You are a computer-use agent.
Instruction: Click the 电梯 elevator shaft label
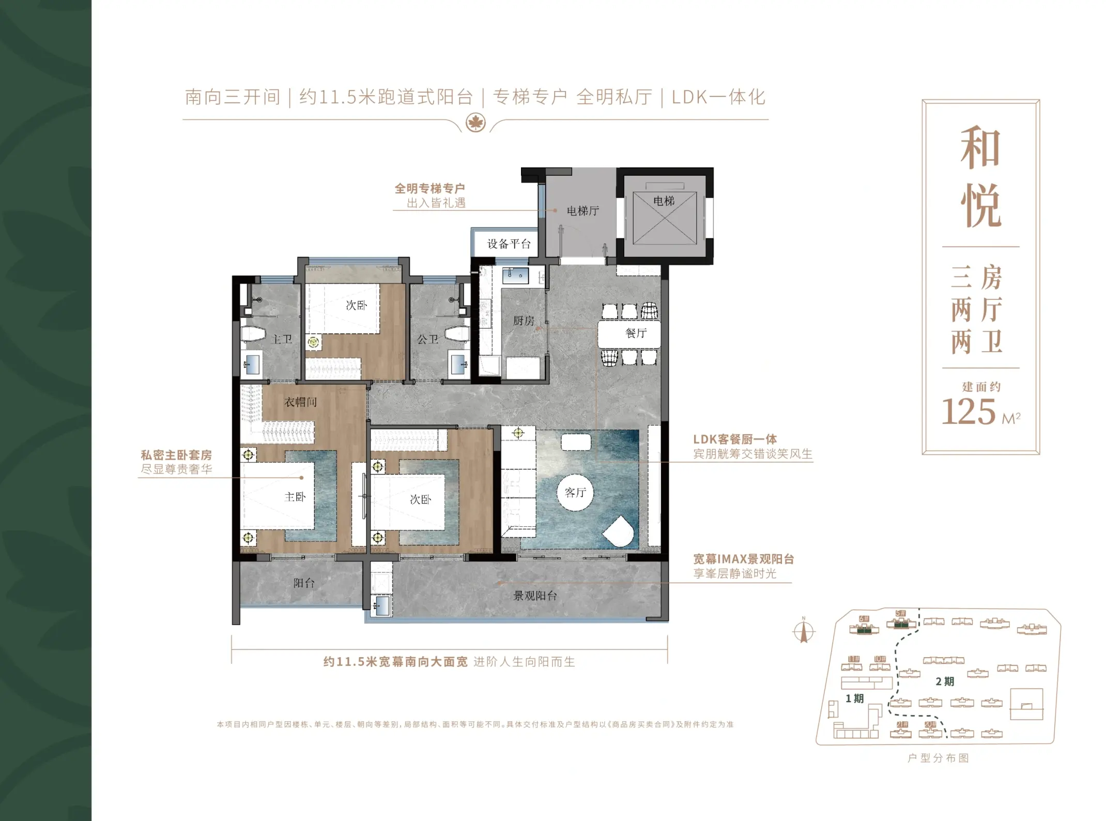[664, 201]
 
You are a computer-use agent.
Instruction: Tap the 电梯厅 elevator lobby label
[583, 211]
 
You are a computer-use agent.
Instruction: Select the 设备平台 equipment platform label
[509, 244]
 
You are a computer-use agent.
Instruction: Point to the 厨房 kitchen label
[524, 321]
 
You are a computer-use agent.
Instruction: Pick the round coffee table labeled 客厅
[575, 492]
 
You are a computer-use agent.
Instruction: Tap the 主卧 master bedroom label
[295, 497]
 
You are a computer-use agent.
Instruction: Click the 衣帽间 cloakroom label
[301, 402]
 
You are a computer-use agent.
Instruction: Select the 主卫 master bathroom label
[282, 339]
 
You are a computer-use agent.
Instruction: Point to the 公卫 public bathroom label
[428, 339]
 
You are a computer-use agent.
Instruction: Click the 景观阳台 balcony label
[535, 596]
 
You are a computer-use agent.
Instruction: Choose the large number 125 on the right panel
[968, 412]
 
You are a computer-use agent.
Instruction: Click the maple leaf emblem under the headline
[475, 123]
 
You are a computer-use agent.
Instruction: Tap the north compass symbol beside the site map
[804, 630]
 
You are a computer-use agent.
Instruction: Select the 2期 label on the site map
[945, 681]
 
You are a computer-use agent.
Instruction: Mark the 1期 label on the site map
[854, 698]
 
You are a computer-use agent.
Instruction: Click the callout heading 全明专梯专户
[430, 189]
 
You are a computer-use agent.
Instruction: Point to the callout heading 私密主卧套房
[176, 455]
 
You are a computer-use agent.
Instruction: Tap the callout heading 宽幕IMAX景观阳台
[743, 559]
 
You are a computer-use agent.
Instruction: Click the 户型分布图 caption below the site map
[938, 758]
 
